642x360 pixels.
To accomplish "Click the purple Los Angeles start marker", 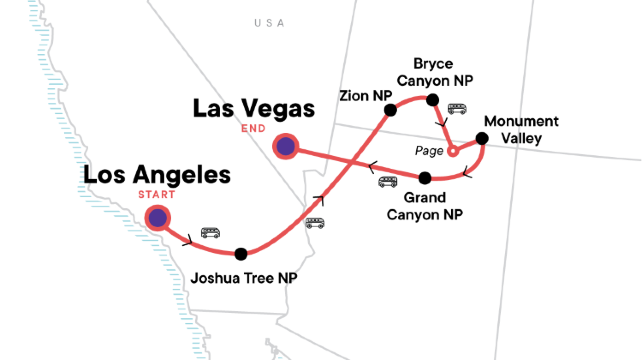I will click(x=157, y=217).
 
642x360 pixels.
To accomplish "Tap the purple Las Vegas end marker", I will click(x=286, y=147).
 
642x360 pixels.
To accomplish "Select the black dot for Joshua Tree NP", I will click(x=240, y=254).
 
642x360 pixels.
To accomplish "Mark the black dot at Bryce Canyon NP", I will click(x=433, y=99).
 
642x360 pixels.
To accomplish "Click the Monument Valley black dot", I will click(x=481, y=139).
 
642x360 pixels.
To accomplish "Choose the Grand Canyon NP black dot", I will click(x=424, y=178).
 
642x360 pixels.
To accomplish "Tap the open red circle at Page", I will click(x=452, y=152).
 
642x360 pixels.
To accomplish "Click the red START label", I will click(x=156, y=194).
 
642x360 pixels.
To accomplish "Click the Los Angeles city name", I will click(x=157, y=175).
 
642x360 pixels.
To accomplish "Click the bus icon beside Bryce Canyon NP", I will click(x=457, y=109).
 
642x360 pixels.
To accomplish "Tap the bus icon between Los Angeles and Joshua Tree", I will click(x=211, y=232).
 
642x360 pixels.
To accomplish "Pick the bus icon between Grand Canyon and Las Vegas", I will click(x=387, y=182).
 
